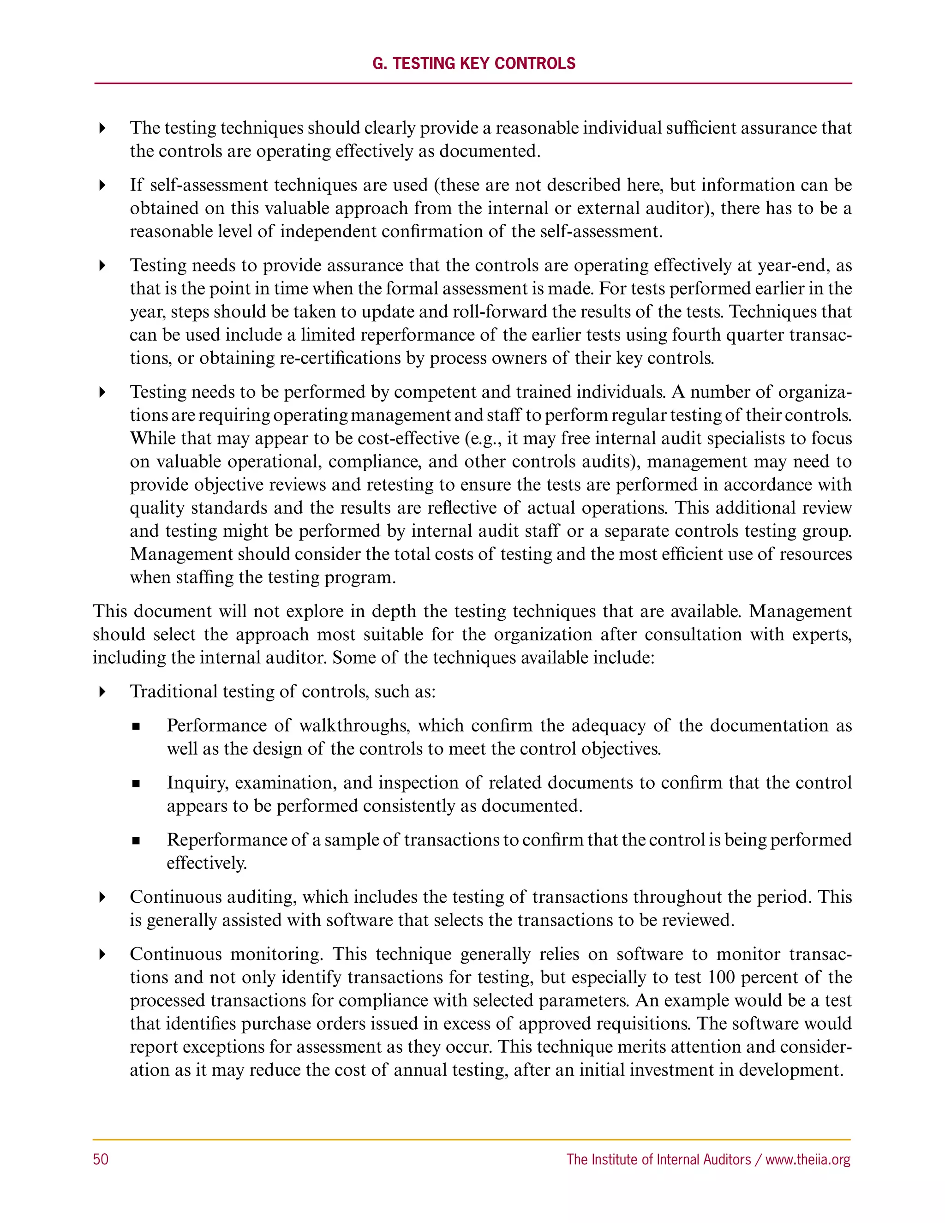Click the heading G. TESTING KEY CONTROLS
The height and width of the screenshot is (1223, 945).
(473, 64)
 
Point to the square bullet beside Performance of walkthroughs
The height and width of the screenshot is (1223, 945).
(136, 727)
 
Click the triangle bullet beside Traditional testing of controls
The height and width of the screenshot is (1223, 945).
(102, 692)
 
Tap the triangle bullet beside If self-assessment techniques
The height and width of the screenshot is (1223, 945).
(102, 186)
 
